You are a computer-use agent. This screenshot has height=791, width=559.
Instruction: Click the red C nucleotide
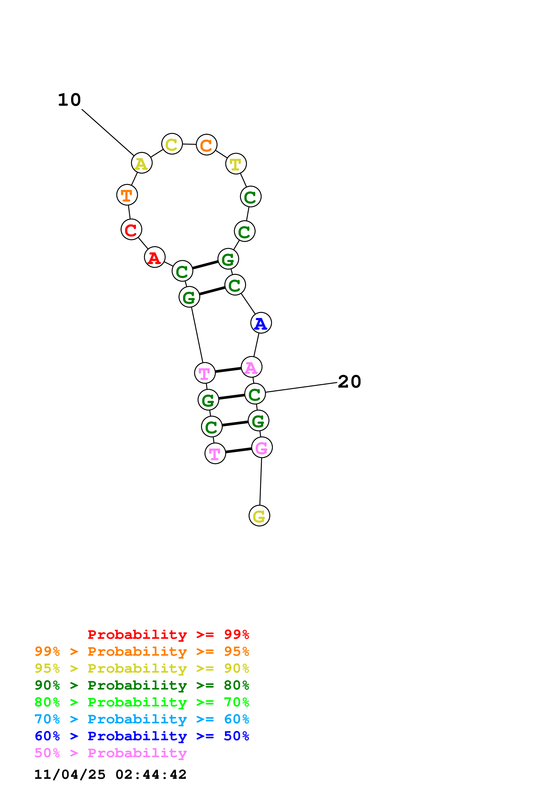(x=131, y=230)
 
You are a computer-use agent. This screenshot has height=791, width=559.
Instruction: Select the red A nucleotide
(x=155, y=257)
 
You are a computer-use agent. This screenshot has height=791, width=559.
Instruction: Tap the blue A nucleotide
(x=261, y=323)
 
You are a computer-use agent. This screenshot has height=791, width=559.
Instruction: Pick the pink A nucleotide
(x=251, y=367)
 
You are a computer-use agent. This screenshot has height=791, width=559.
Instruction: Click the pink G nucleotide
(x=262, y=448)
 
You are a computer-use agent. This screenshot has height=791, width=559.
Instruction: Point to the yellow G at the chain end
(x=259, y=516)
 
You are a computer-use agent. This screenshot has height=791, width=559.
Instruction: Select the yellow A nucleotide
(x=142, y=163)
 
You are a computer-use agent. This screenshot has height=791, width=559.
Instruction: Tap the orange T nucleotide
(x=127, y=195)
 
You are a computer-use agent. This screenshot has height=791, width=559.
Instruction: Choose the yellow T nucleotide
(x=236, y=164)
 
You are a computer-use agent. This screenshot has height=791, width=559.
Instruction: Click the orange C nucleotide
(x=206, y=145)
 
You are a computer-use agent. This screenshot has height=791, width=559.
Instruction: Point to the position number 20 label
(x=349, y=382)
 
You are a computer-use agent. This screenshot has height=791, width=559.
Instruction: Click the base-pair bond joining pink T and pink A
(x=228, y=370)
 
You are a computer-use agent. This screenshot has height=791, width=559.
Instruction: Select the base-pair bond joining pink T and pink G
(x=238, y=451)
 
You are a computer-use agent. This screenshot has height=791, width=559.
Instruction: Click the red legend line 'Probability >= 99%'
(x=168, y=634)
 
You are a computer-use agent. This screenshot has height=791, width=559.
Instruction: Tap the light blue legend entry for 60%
(x=142, y=719)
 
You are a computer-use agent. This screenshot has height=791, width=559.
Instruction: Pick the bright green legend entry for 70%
(x=142, y=702)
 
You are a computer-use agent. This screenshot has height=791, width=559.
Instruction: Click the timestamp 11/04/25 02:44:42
(x=110, y=775)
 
